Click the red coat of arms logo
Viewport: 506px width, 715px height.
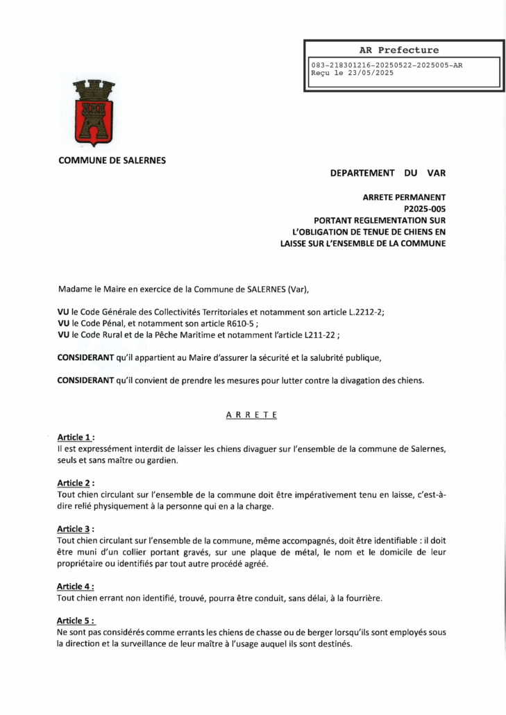pos(94,112)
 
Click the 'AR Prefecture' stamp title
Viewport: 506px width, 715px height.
pos(399,50)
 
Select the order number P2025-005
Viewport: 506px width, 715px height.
pos(424,209)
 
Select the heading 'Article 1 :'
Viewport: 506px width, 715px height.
pos(76,437)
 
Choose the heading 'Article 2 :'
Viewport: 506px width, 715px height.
pos(76,483)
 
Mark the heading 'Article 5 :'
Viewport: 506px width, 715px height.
pos(76,621)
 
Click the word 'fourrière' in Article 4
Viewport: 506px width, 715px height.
pos(362,598)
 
